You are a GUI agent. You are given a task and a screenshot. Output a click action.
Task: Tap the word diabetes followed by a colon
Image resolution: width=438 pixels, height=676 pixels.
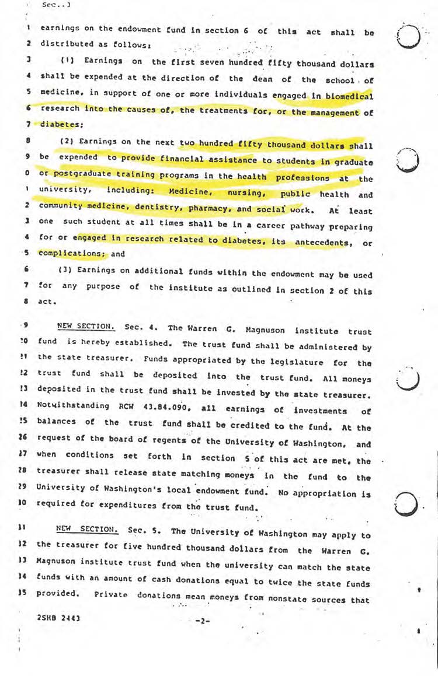point(60,124)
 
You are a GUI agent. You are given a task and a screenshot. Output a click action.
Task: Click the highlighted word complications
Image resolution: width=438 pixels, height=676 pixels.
point(63,254)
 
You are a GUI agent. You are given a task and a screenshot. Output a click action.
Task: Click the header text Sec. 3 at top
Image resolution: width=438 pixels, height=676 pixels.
point(53,5)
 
